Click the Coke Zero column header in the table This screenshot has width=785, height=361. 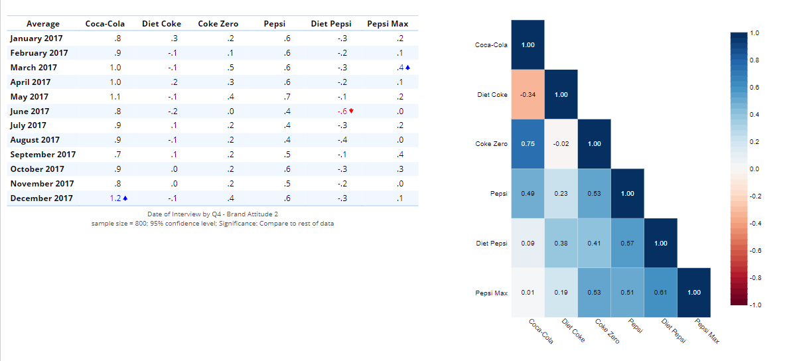(x=218, y=24)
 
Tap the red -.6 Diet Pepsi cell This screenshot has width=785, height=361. (x=343, y=111)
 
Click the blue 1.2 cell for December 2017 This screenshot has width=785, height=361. (x=115, y=198)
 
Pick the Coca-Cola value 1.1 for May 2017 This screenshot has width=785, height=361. (x=115, y=97)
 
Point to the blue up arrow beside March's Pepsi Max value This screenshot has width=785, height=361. (x=408, y=68)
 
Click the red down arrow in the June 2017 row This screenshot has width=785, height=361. (x=351, y=111)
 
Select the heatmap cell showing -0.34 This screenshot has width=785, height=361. (x=528, y=94)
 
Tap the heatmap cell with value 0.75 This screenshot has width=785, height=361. (x=528, y=144)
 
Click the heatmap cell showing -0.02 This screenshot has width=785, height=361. (x=561, y=144)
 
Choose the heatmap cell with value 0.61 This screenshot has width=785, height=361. (x=661, y=293)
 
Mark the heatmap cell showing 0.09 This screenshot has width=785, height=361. (x=528, y=243)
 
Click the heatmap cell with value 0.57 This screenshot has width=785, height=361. (x=628, y=243)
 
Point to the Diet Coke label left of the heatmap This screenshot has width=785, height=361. (x=492, y=94)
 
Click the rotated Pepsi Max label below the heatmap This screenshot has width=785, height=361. (x=707, y=330)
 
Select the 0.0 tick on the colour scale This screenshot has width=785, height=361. (x=753, y=169)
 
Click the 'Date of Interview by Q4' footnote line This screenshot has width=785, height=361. (x=212, y=214)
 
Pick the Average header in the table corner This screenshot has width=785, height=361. (x=43, y=24)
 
